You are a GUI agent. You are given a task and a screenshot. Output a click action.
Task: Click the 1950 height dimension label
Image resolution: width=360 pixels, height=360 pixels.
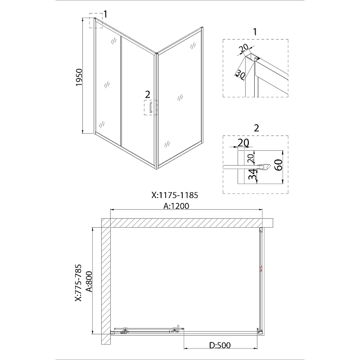[x=79, y=77]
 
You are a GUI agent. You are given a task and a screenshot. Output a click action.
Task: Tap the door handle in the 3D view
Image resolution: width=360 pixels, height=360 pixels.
[x=151, y=108]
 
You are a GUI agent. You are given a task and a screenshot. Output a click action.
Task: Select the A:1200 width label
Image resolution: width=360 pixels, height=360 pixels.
[x=176, y=206]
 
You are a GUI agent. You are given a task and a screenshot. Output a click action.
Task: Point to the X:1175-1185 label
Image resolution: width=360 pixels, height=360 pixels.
[x=175, y=195]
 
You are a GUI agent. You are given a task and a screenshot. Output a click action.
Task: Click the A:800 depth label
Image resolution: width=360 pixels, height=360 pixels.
[x=89, y=282]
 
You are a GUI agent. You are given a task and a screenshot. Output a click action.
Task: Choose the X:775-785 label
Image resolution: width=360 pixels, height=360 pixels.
[x=78, y=283]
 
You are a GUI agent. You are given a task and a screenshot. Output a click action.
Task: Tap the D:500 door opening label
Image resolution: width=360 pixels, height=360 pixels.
[x=220, y=345]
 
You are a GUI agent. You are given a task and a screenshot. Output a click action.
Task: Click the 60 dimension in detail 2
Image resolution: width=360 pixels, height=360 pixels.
[x=279, y=165]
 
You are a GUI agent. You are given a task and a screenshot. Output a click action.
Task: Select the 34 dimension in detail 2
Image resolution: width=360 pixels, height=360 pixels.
[x=252, y=174]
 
